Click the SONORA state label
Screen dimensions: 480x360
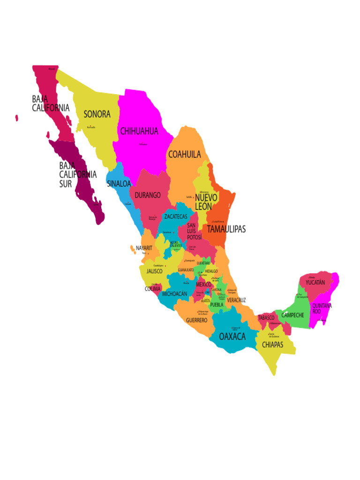tap(97, 114)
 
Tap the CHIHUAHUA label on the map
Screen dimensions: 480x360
tap(139, 131)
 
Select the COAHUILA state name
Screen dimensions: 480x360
tap(185, 154)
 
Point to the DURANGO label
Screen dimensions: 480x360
tap(148, 195)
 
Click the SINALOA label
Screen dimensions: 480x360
tap(119, 184)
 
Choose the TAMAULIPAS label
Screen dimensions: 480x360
tap(226, 229)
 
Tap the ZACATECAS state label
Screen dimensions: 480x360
tap(176, 217)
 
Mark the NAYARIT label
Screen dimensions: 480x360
tap(144, 248)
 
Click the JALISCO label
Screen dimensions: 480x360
tap(155, 271)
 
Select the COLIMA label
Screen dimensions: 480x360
tap(152, 289)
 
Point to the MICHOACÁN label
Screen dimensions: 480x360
tap(174, 294)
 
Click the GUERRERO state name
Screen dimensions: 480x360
tap(196, 320)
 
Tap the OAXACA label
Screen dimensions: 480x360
tap(232, 337)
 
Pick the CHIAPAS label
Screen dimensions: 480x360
tap(272, 345)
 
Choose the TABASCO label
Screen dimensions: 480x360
tap(266, 318)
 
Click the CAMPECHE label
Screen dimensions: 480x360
tap(292, 315)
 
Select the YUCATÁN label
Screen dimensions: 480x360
tap(315, 283)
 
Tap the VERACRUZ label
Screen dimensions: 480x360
tap(236, 300)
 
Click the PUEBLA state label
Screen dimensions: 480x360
tap(217, 305)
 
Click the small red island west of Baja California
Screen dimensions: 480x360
tap(16, 118)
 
